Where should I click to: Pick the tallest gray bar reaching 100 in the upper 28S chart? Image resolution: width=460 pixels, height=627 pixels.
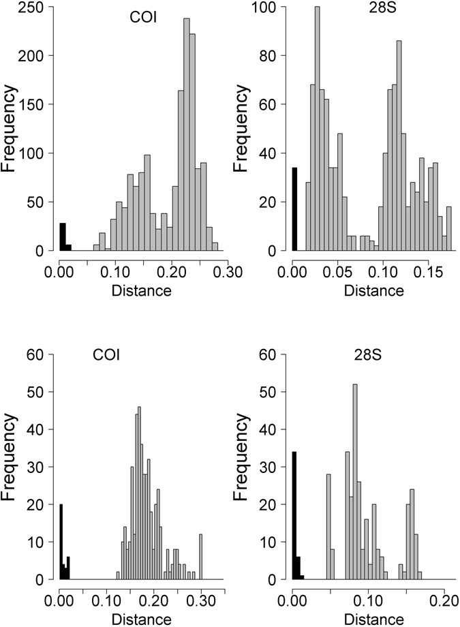(x=317, y=129)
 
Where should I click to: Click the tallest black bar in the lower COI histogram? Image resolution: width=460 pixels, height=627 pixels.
(x=61, y=542)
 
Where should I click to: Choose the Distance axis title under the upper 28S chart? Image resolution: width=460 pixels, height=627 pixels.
(x=373, y=290)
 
